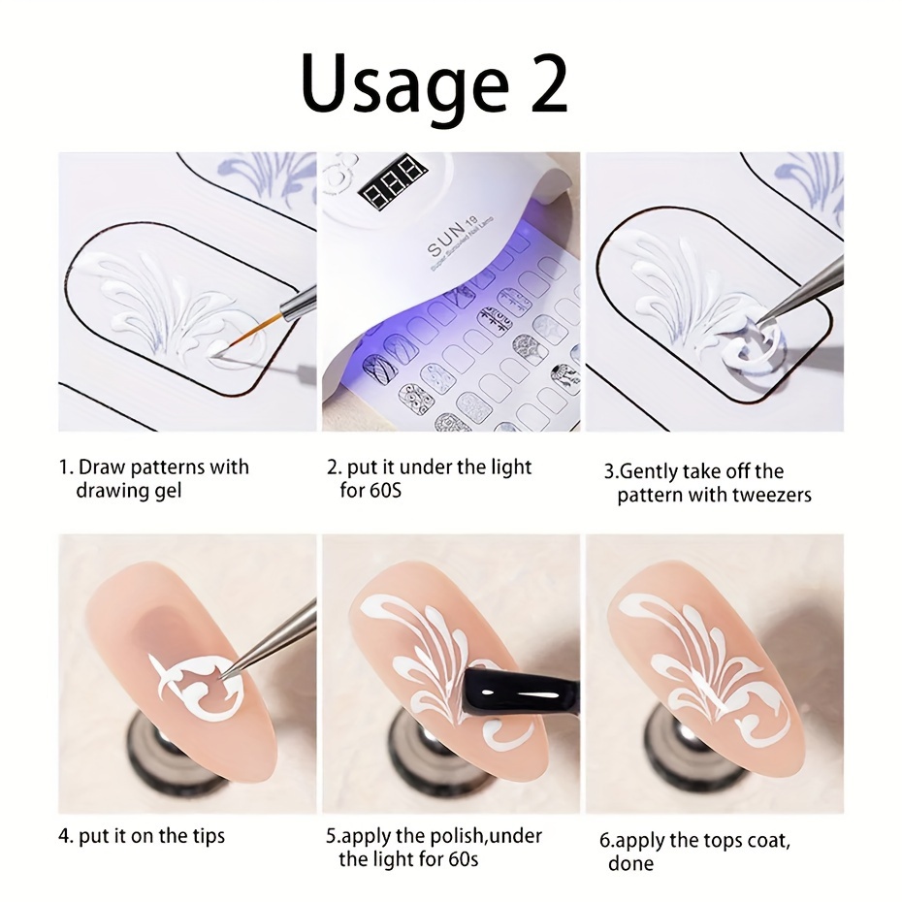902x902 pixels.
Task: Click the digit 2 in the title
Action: (x=548, y=83)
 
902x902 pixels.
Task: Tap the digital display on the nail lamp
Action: (x=394, y=180)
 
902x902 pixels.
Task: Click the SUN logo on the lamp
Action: (x=445, y=242)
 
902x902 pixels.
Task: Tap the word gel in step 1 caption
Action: (x=166, y=492)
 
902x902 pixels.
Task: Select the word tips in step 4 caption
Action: (x=205, y=837)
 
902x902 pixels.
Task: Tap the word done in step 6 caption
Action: (x=631, y=864)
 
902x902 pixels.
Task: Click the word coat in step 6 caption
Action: (x=768, y=841)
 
